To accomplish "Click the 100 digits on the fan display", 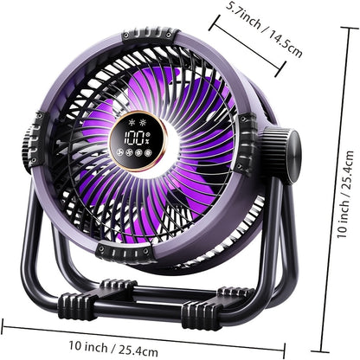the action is pyautogui.click(x=134, y=138).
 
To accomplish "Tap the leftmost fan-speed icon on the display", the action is pyautogui.click(x=119, y=152).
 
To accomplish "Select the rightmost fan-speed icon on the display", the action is pyautogui.click(x=148, y=152).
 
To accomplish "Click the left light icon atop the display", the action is pyautogui.click(x=132, y=122).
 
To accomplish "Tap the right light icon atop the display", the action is pyautogui.click(x=143, y=123).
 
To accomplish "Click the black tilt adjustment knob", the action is pyautogui.click(x=283, y=156).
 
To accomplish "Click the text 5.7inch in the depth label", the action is pyautogui.click(x=243, y=15).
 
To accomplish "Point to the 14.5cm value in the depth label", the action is pyautogui.click(x=286, y=44).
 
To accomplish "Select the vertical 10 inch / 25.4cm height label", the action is pyautogui.click(x=345, y=194).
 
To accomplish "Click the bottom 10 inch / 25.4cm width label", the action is pyautogui.click(x=113, y=348).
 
